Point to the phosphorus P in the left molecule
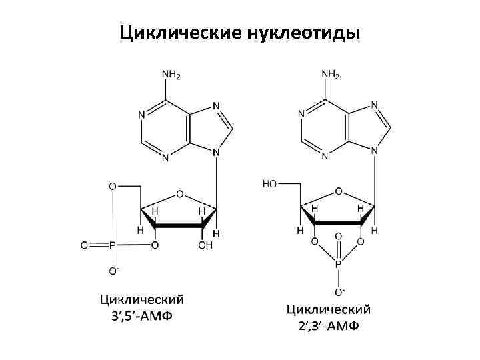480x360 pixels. [113, 245]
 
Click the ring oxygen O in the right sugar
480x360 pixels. [339, 191]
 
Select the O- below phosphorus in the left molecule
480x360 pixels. [113, 271]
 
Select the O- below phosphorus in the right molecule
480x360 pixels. [339, 291]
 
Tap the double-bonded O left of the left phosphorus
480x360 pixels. [85, 245]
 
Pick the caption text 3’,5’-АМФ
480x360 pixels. [142, 315]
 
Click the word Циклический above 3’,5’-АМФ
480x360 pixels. [142, 298]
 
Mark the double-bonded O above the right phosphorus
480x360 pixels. [338, 236]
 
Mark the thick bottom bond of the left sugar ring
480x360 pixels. [179, 227]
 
